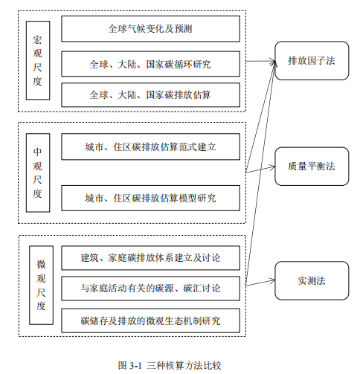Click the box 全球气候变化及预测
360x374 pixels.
coord(150,29)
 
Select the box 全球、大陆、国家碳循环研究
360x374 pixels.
coord(150,64)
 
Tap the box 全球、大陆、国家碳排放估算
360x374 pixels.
coord(150,95)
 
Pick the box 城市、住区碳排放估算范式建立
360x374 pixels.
coord(150,146)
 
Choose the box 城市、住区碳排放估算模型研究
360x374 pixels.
coord(150,198)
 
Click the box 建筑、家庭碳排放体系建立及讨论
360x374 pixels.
coord(150,258)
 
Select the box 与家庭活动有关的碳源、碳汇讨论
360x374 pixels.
coord(150,288)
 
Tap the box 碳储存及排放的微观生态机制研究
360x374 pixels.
coord(150,320)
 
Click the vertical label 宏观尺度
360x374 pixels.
coord(38,60)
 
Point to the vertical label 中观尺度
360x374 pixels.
coord(38,173)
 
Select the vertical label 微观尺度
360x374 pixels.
coord(41,286)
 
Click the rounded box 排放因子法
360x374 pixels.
coord(312,61)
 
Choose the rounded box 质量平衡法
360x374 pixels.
coord(312,167)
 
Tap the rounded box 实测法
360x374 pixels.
coord(312,280)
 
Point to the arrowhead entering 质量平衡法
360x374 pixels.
coord(274,167)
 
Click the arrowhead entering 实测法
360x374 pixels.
coord(274,281)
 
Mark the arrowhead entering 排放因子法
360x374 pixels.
coord(274,61)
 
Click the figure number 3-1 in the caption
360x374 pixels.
coord(135,366)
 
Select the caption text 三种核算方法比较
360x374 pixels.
coord(184,366)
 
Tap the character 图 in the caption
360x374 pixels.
coord(123,366)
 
